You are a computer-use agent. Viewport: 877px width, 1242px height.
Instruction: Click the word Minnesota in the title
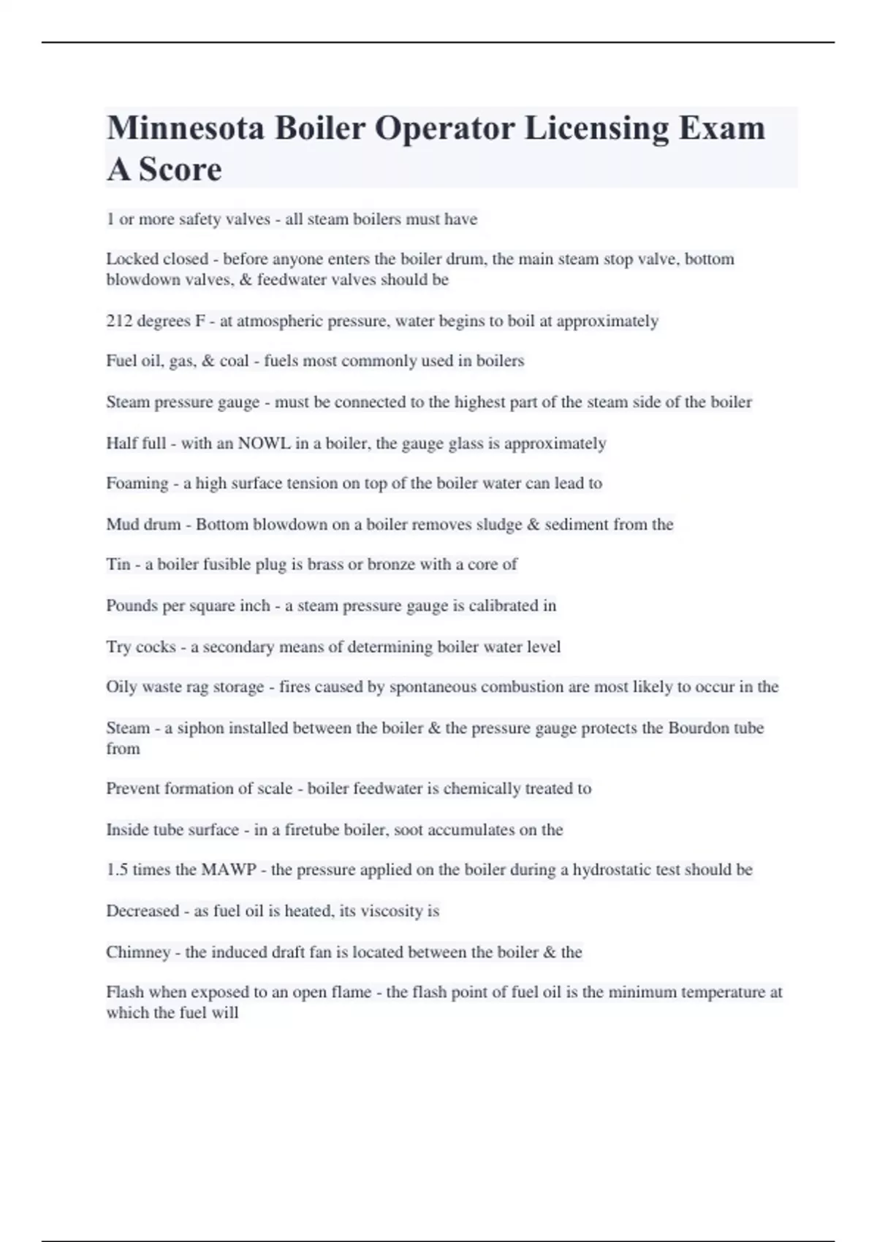[185, 129]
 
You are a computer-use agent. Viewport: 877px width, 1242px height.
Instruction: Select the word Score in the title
[180, 169]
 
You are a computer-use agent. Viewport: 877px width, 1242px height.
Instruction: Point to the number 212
[118, 321]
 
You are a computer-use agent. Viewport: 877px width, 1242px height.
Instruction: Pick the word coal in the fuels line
[235, 361]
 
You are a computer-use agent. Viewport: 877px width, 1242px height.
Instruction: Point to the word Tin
[118, 564]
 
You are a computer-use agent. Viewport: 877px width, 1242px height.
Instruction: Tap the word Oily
[122, 687]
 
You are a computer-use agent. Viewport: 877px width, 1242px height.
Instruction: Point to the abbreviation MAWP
[229, 869]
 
